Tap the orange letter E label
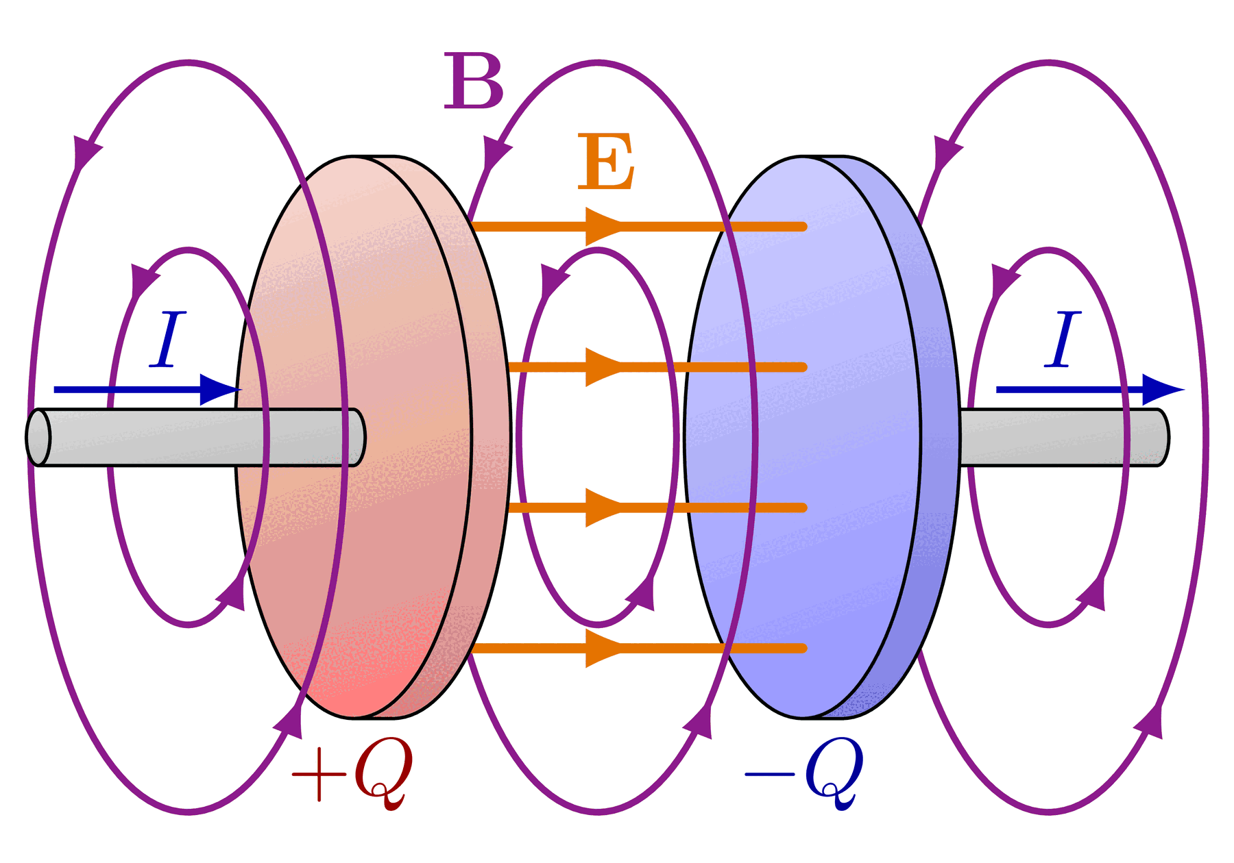point(606,162)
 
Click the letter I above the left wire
point(168,340)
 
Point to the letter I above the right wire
point(1063,340)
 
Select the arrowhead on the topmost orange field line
point(604,226)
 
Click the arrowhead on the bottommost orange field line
point(604,648)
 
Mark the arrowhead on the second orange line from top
point(604,367)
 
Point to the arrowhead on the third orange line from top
point(604,508)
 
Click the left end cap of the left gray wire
point(38,438)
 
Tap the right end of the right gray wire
point(1162,438)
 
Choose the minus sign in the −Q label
point(770,775)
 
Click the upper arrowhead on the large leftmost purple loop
point(86,152)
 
